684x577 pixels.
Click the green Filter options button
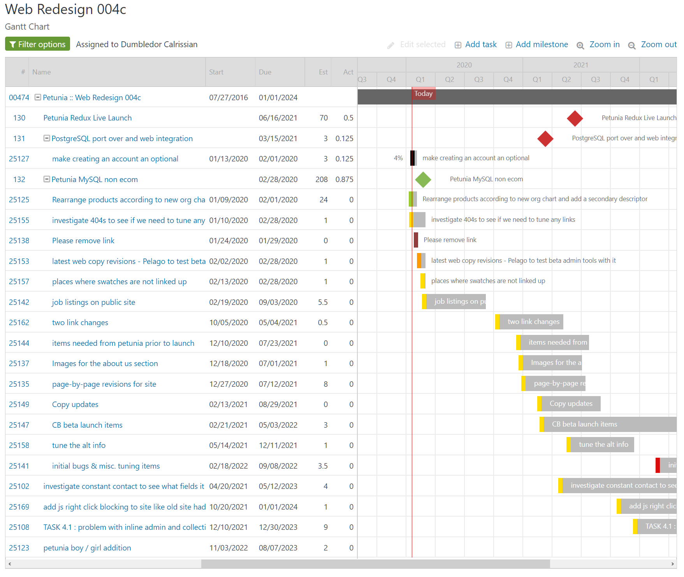[38, 44]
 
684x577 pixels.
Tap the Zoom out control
[658, 44]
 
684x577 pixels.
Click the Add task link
[480, 44]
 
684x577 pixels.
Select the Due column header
[265, 72]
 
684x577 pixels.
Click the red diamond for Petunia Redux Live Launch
[575, 118]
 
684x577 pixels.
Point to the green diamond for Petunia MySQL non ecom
[423, 180]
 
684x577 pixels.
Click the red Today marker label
[423, 94]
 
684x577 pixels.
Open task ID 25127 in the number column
[19, 159]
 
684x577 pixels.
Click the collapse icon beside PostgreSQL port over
[47, 138]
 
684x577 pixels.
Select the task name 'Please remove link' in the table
[83, 241]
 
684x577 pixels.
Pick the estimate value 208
[322, 179]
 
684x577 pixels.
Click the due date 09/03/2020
[278, 302]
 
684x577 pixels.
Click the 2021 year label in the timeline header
[580, 65]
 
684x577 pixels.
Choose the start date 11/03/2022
[229, 548]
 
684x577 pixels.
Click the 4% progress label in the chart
[398, 158]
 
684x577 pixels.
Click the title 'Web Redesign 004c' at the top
[65, 9]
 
